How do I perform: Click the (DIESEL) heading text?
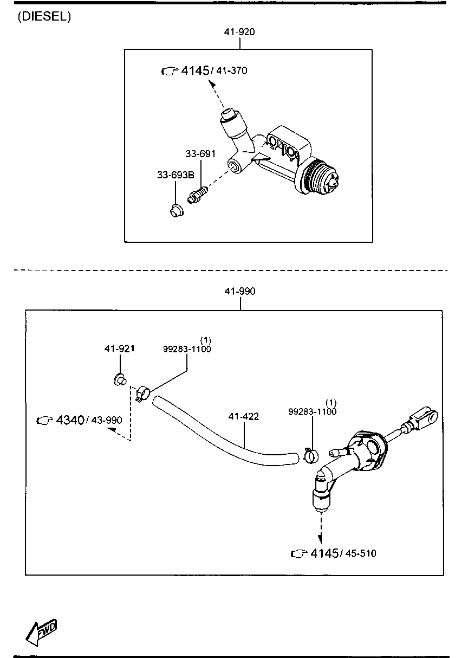(44, 17)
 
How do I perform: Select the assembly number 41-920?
(239, 32)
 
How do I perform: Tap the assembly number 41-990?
(240, 292)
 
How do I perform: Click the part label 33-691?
(200, 154)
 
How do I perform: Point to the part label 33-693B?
(175, 175)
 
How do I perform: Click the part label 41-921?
(119, 349)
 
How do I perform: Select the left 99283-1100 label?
(187, 349)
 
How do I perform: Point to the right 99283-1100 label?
(312, 412)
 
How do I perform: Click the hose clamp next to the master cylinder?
(310, 454)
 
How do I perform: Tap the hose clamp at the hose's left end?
(142, 392)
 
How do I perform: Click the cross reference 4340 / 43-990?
(79, 420)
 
